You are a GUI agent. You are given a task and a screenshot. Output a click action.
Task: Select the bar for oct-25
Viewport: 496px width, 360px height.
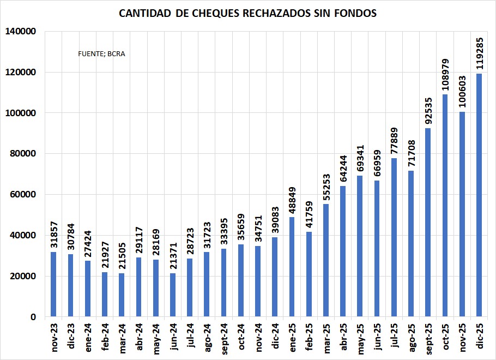click(445, 205)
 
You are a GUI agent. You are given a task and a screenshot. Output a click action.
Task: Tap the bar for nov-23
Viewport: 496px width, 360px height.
click(53, 284)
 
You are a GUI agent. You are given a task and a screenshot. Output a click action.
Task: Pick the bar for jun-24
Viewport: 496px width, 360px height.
click(173, 295)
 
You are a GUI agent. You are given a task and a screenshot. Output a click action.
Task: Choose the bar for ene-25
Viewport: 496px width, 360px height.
click(292, 267)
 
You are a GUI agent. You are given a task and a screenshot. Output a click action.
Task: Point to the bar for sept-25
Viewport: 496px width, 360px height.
click(428, 222)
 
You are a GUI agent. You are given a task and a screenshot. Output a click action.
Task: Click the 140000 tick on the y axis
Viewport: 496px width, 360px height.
click(20, 32)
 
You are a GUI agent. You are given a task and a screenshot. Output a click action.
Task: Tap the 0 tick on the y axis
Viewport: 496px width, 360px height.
click(33, 317)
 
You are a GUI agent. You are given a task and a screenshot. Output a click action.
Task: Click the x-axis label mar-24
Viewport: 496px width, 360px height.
click(122, 339)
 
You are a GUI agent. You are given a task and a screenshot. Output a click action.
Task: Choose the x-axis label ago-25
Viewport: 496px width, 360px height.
click(411, 339)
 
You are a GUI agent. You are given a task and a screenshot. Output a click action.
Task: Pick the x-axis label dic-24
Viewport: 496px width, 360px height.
click(275, 339)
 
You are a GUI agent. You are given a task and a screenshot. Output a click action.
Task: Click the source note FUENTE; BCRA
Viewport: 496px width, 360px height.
click(102, 54)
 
